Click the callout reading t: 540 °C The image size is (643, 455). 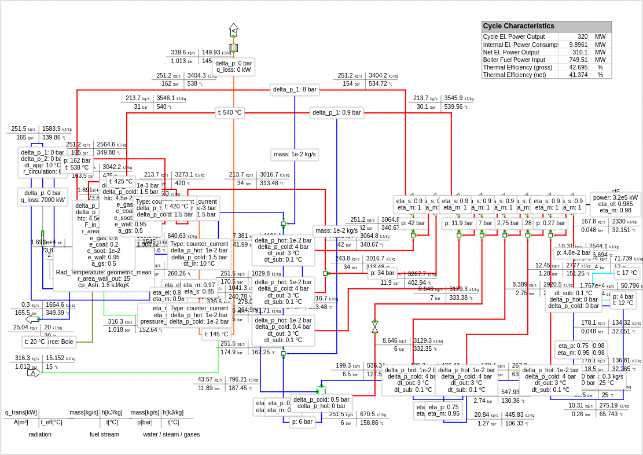click(x=230, y=113)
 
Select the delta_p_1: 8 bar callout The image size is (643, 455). click(x=295, y=90)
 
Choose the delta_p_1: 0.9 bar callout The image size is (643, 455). click(x=336, y=113)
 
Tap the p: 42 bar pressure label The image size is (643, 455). click(x=413, y=223)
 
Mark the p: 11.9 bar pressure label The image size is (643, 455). click(x=458, y=223)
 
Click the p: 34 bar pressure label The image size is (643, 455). click(x=383, y=273)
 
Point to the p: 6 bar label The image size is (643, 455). click(x=302, y=422)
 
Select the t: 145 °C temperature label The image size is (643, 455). click(x=216, y=334)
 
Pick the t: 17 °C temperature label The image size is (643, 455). click(x=627, y=273)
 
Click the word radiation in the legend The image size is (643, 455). click(x=40, y=434)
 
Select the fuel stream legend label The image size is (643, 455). click(x=104, y=434)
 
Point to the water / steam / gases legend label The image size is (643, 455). click(x=171, y=434)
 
